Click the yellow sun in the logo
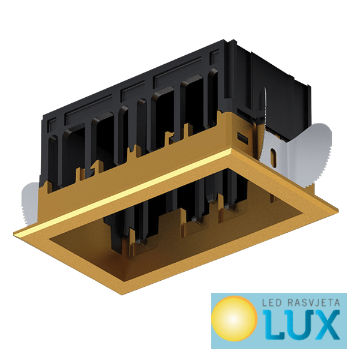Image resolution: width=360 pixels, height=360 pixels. [234, 319]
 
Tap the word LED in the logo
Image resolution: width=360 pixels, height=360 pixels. [272, 302]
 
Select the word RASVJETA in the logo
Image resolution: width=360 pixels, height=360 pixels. [314, 302]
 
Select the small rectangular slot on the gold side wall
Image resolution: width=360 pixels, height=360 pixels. [242, 138]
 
